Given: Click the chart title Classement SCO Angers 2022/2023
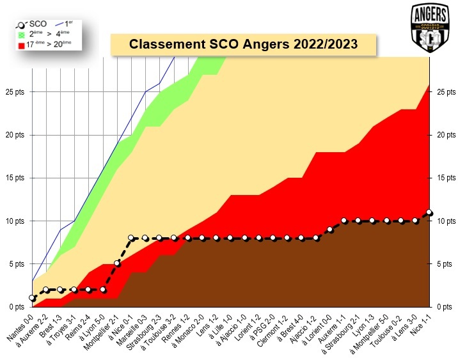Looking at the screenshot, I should [243, 45].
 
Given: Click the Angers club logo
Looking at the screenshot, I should [429, 27].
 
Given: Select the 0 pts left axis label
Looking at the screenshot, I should [15, 306].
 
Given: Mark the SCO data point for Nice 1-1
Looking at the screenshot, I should [429, 212].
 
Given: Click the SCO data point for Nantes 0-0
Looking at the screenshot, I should [32, 298].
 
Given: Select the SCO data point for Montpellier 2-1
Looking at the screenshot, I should [118, 263].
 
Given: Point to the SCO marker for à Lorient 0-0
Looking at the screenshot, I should [330, 229].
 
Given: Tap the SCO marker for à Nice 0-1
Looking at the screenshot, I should [132, 238].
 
